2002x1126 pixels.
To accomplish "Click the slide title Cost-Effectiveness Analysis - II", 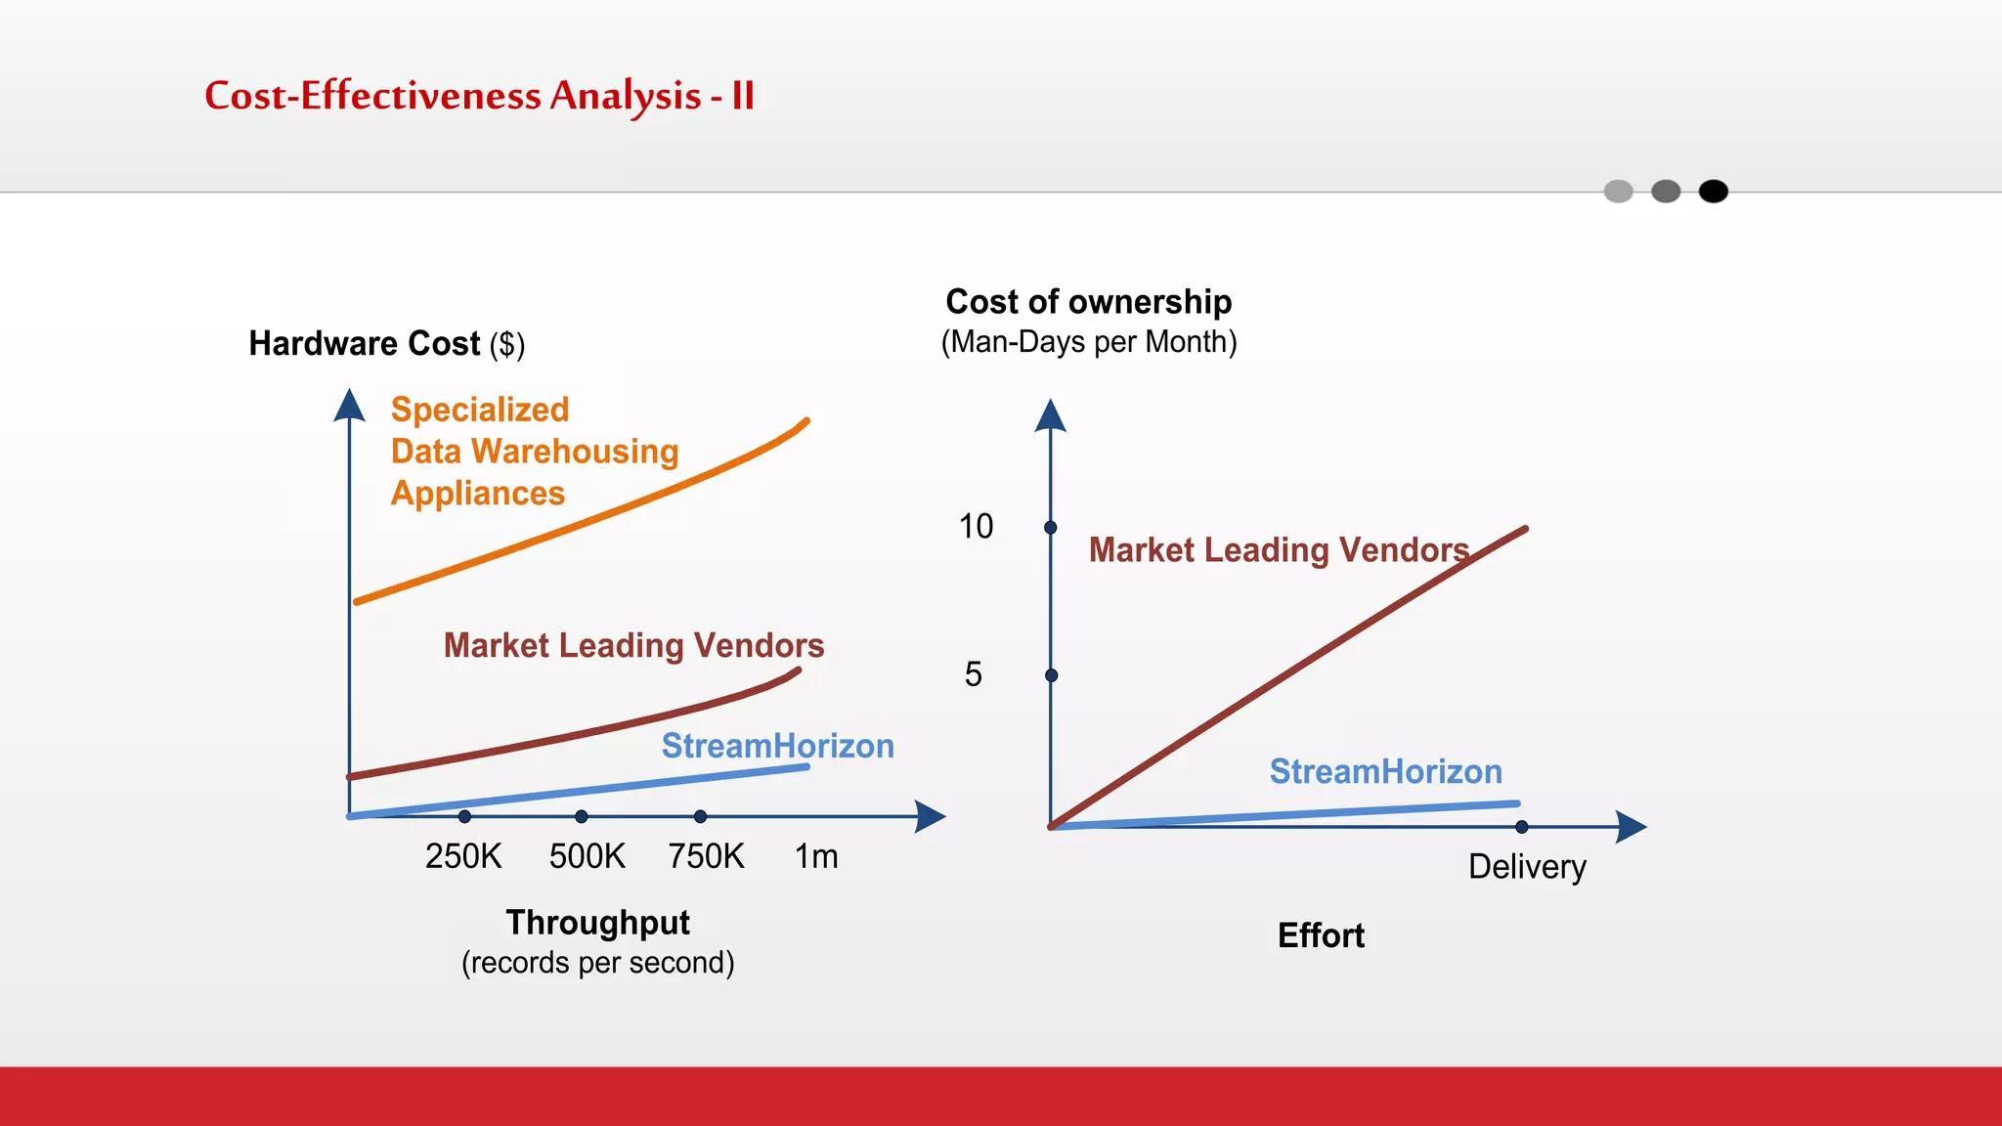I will (x=479, y=96).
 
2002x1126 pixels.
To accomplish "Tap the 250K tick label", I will (x=462, y=856).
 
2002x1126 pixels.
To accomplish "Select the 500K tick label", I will (x=587, y=856).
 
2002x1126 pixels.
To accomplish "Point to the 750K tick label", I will (x=706, y=856).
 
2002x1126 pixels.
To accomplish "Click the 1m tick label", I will (x=816, y=856).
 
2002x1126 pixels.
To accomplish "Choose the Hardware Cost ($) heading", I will (x=387, y=344).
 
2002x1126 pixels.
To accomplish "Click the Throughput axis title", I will (x=597, y=923).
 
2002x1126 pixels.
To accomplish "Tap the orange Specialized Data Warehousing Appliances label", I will (x=534, y=452).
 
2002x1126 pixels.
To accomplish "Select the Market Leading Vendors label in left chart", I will (x=633, y=645).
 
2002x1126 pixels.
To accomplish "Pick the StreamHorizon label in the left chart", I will (x=777, y=746).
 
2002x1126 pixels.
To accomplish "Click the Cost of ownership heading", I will (x=1088, y=302).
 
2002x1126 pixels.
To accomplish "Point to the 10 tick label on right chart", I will (x=976, y=527).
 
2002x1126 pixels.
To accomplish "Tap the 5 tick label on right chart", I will (x=973, y=674).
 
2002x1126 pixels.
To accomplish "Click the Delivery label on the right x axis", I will (x=1527, y=867).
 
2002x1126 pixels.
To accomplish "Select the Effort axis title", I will (x=1321, y=935).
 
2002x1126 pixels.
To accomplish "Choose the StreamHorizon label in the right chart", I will (x=1385, y=771).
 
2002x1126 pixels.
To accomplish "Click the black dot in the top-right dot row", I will (x=1713, y=192).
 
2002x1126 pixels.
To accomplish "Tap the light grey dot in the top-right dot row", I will (x=1619, y=192).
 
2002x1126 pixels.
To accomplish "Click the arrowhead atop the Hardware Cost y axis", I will (x=349, y=405).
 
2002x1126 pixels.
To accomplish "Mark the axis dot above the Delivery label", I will (x=1522, y=827).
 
